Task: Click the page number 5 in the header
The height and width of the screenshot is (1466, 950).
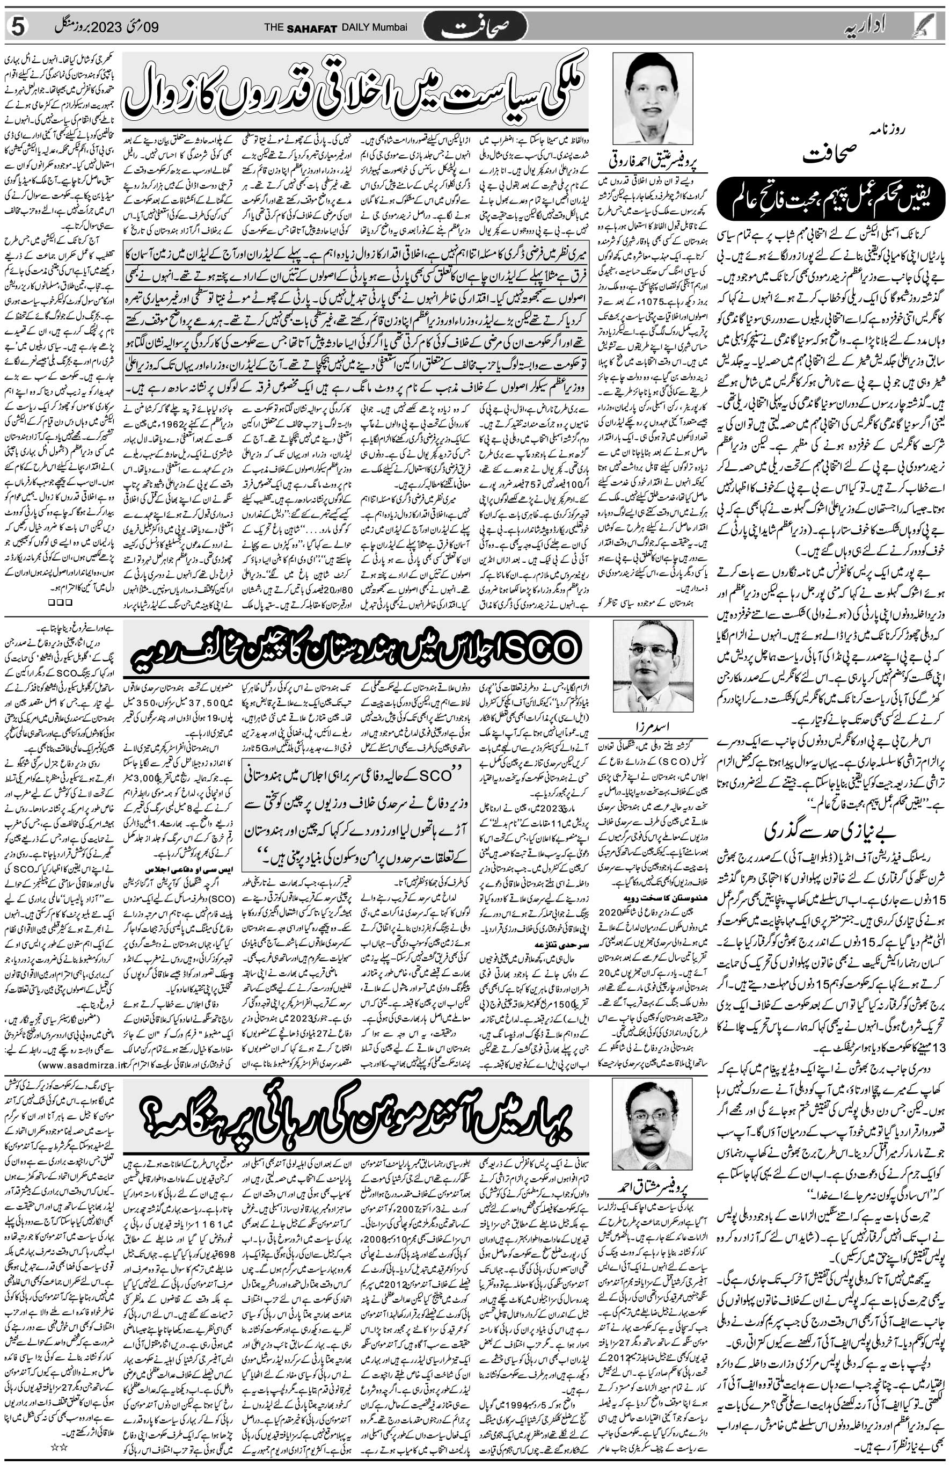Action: point(18,27)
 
